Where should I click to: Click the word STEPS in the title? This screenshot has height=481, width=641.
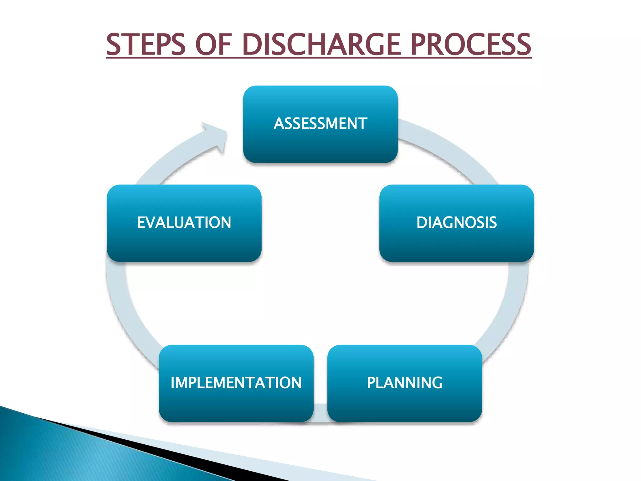pos(146,44)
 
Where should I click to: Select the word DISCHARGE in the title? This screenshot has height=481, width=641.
pos(321,44)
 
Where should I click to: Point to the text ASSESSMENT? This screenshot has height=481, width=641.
pos(320,123)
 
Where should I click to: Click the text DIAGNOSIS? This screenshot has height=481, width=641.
pos(456,222)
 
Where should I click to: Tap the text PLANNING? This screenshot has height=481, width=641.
pos(404,383)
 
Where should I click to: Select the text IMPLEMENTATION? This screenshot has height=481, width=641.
pos(236,383)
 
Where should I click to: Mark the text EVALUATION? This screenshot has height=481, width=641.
pos(184,222)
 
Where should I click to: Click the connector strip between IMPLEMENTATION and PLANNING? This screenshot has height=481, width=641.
pos(320,413)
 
